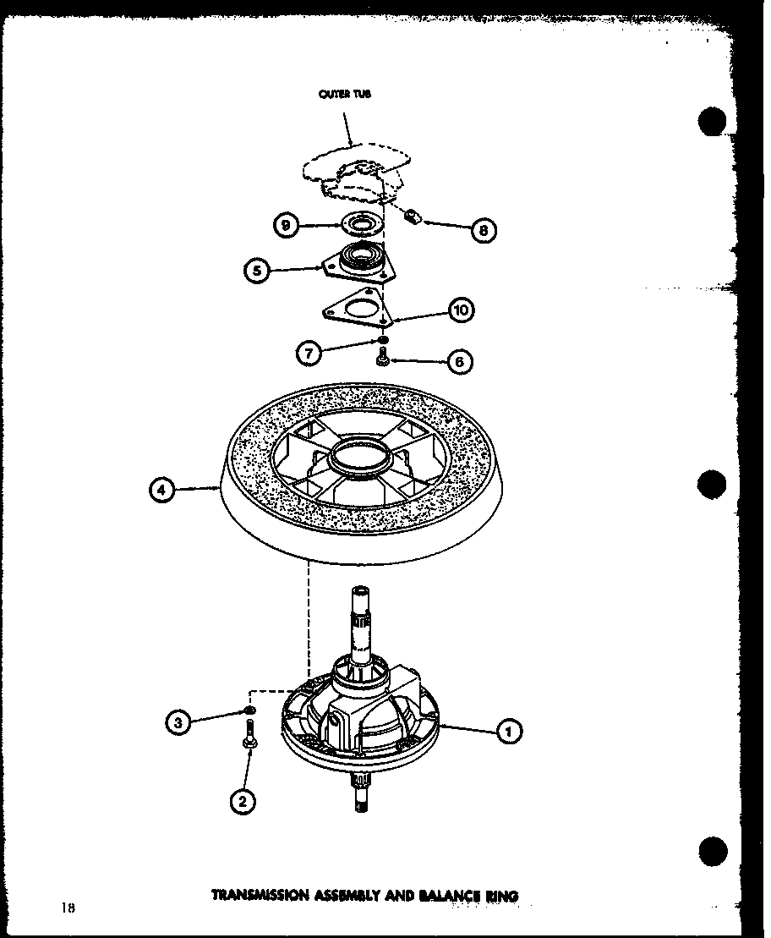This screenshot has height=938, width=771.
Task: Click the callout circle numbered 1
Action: click(509, 731)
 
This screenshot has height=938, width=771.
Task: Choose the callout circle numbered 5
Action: click(258, 271)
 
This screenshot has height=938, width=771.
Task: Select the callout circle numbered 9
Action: click(287, 226)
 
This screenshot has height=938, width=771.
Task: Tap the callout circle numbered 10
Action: click(461, 310)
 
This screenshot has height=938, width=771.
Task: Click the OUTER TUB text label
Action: click(344, 95)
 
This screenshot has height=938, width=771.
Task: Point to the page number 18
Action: click(68, 908)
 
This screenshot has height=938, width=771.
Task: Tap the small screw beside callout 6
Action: click(382, 361)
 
